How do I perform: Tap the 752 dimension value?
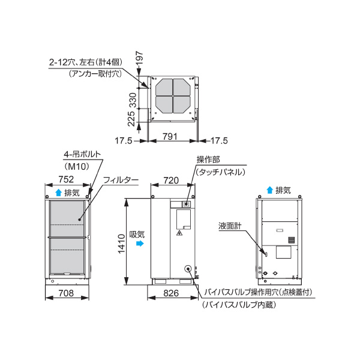pos(66,179)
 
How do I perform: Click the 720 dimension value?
pos(172,180)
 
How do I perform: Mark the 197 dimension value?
pos(140,59)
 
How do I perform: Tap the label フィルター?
pos(121,180)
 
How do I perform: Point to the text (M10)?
pos(76,166)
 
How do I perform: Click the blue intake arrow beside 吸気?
pos(140,245)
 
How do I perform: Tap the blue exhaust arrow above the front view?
pos(58,193)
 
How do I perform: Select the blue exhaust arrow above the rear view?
pos(269,191)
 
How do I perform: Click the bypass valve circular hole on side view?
pos(188,270)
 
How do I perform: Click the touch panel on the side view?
pos(186,204)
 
